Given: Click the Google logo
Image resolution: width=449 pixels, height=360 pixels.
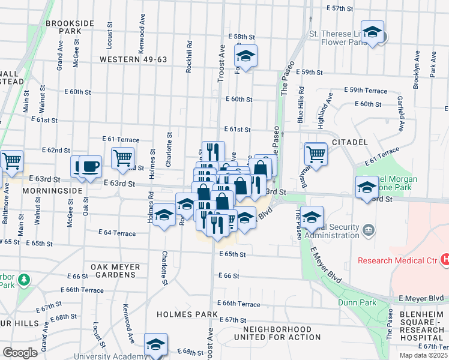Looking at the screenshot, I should click(19, 353).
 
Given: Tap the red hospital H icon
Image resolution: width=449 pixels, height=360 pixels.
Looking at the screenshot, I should click(445, 260).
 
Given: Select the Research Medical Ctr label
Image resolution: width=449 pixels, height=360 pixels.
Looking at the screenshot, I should click(397, 260).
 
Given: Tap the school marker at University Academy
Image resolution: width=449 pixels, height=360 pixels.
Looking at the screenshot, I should click(156, 345).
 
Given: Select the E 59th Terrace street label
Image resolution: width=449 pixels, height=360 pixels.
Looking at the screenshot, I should click(366, 90).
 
